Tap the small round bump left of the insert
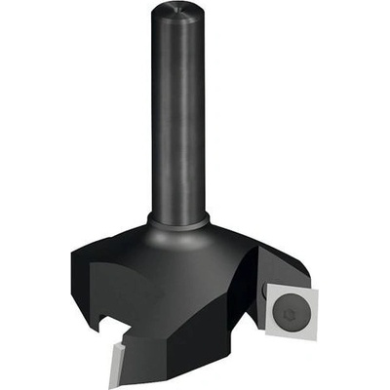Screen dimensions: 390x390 (x=265, y=292)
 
